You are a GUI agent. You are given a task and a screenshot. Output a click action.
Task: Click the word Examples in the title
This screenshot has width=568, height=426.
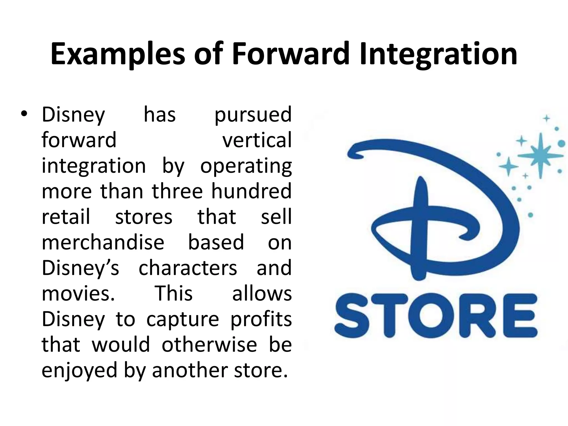pos(118,54)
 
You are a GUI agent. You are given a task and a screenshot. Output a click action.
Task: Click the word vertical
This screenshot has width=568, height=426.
pos(257,140)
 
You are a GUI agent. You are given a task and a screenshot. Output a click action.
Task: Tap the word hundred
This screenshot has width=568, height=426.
pos(251,191)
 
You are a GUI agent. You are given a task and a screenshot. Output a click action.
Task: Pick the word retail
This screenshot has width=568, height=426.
pos(66,217)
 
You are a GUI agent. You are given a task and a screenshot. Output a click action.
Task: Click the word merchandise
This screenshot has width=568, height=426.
pos(103,242)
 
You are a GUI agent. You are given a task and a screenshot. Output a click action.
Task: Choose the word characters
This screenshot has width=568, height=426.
pos(188,268)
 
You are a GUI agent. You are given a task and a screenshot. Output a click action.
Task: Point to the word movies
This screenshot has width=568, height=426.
pos(78,293)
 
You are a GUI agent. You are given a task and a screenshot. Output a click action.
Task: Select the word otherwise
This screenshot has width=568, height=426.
pos(209,344)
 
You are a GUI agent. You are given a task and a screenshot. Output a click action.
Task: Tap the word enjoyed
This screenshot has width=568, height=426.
pos(79,371)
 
